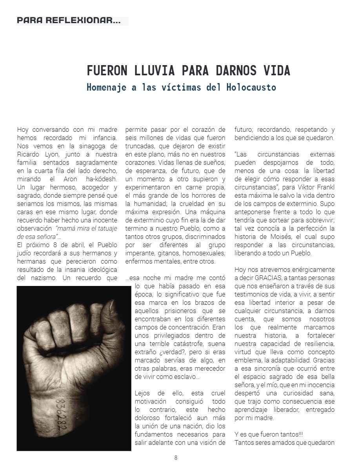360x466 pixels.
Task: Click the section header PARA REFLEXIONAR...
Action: click(x=69, y=20)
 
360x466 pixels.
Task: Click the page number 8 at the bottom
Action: click(x=176, y=457)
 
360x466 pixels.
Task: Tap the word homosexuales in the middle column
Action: click(x=204, y=253)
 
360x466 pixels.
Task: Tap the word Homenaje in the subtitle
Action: click(x=106, y=87)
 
